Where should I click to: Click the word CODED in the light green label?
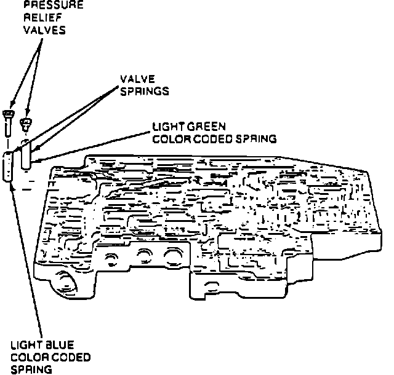tap(209, 139)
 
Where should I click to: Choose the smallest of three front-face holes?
tap(113, 258)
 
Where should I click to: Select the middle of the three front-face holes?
tap(145, 255)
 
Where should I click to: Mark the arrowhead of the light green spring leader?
tap(37, 160)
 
